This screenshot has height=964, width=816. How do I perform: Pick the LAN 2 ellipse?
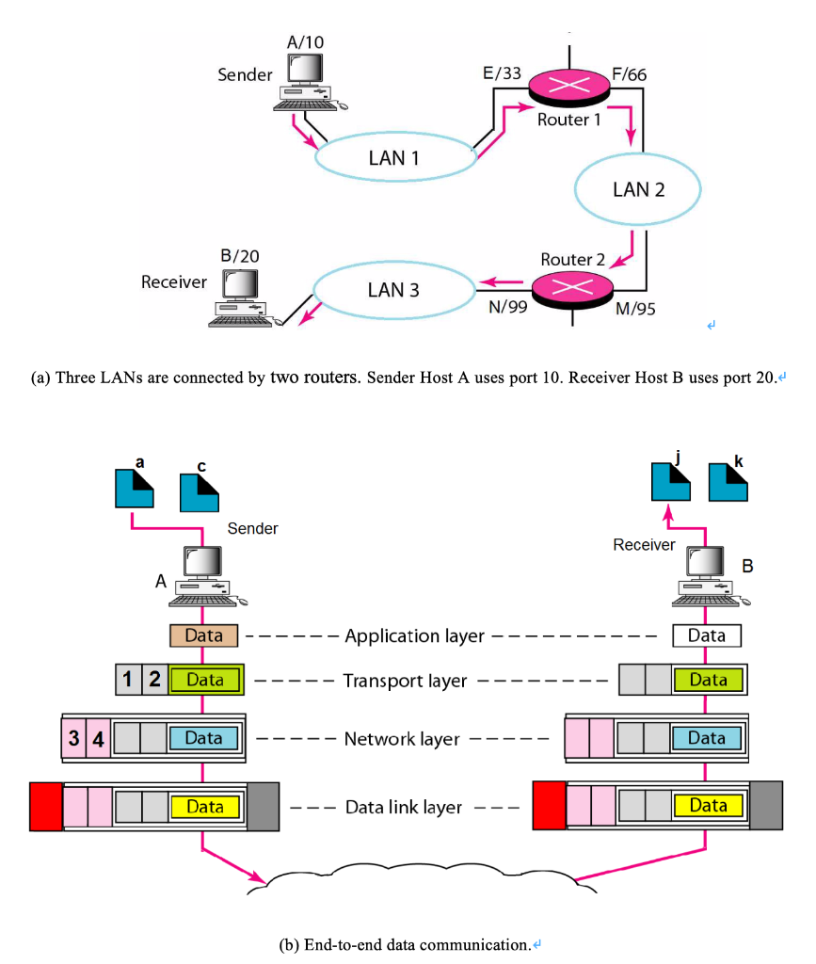coord(638,189)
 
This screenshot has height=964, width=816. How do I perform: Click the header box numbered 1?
coord(128,679)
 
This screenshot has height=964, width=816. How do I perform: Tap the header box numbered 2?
coord(154,679)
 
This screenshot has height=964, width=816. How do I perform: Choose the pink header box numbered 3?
coord(72,739)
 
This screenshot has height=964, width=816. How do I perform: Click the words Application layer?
coord(414,635)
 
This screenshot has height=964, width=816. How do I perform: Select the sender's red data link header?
coord(45,807)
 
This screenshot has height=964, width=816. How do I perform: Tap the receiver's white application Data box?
coord(707,635)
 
